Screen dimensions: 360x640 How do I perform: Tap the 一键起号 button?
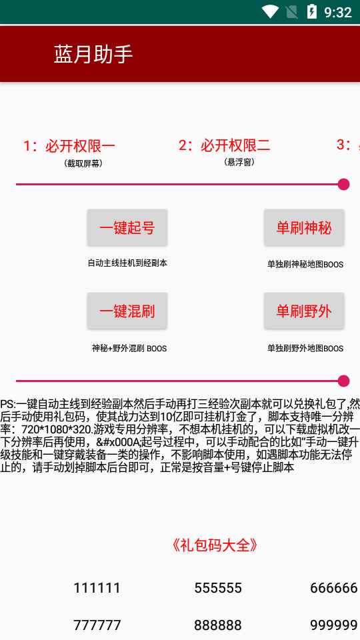[x=127, y=228]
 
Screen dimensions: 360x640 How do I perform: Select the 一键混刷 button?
[x=127, y=311]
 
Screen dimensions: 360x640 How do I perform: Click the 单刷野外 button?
[x=304, y=311]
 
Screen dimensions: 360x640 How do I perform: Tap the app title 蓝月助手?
[x=93, y=54]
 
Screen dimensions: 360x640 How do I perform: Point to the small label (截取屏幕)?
[x=83, y=164]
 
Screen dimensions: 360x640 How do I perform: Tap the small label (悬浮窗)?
[x=239, y=162]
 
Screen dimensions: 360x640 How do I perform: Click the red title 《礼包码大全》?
[x=215, y=545]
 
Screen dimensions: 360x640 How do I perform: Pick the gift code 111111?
[x=97, y=588]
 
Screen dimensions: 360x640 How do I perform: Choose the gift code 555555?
[x=218, y=588]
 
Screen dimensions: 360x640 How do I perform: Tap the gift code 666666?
[x=334, y=588]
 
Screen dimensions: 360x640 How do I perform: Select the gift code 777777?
[x=97, y=625]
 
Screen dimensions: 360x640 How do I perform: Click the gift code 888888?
[x=218, y=625]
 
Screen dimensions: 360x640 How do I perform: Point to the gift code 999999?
[x=334, y=625]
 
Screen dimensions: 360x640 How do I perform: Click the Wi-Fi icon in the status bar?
[x=270, y=12]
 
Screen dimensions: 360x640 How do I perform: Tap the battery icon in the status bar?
[x=312, y=11]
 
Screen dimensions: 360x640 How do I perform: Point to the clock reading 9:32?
[x=338, y=12]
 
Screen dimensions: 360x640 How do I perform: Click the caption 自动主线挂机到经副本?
[x=127, y=263]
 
